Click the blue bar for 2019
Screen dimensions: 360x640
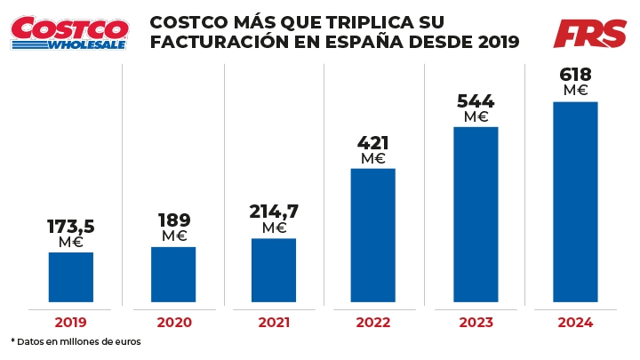click(x=71, y=277)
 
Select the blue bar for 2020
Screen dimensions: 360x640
click(x=173, y=275)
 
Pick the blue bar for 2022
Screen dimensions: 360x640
click(x=373, y=236)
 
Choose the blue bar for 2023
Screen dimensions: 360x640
click(x=476, y=215)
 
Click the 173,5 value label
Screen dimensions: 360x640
click(x=71, y=226)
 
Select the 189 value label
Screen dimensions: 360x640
click(x=174, y=220)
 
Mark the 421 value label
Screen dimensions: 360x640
click(x=373, y=143)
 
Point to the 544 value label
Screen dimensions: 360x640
click(x=476, y=101)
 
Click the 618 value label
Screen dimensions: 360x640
click(x=576, y=75)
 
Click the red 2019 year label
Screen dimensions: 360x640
click(x=71, y=324)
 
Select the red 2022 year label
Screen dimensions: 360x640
click(x=373, y=324)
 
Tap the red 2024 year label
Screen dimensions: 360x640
click(x=575, y=324)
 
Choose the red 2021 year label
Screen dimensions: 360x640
click(x=274, y=324)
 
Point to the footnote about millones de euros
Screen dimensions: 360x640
click(x=76, y=341)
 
